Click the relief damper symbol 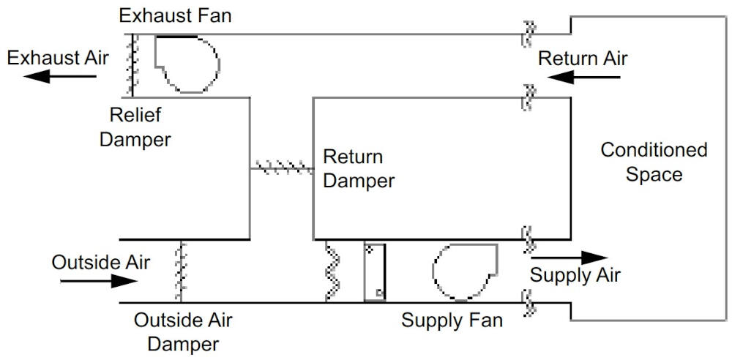click(x=132, y=65)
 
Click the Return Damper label click(x=359, y=168)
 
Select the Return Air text click(x=583, y=58)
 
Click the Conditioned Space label click(x=654, y=162)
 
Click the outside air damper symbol click(x=178, y=271)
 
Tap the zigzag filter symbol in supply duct click(x=334, y=271)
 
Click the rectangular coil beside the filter click(x=375, y=271)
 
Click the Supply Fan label click(x=452, y=320)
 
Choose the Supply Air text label click(x=575, y=276)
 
